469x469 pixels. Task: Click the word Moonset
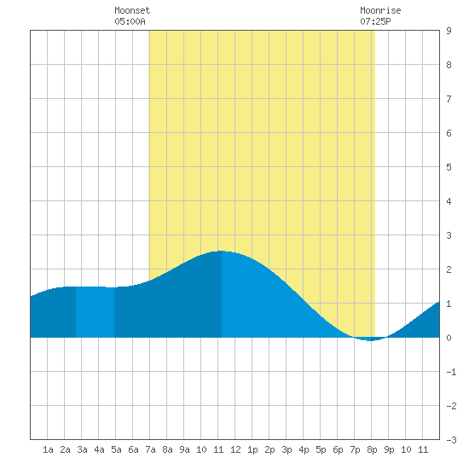pyautogui.click(x=132, y=10)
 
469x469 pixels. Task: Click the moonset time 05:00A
pyautogui.click(x=130, y=21)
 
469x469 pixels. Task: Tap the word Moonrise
pyautogui.click(x=380, y=10)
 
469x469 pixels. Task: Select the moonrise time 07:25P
pyautogui.click(x=375, y=21)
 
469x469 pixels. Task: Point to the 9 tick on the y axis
pyautogui.click(x=449, y=31)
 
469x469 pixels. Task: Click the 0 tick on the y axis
pyautogui.click(x=449, y=338)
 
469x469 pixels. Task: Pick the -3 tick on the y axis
pyautogui.click(x=451, y=440)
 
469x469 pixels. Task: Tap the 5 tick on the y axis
pyautogui.click(x=449, y=167)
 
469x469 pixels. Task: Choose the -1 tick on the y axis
pyautogui.click(x=451, y=372)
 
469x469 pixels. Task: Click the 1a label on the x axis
pyautogui.click(x=48, y=449)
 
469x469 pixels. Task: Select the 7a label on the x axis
pyautogui.click(x=150, y=449)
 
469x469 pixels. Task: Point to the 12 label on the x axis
pyautogui.click(x=235, y=449)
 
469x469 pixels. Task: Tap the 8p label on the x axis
pyautogui.click(x=372, y=449)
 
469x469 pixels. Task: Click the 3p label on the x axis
pyautogui.click(x=287, y=449)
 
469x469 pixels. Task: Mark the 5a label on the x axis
pyautogui.click(x=116, y=449)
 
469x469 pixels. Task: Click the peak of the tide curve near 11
pyautogui.click(x=221, y=251)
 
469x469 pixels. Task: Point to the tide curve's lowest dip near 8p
pyautogui.click(x=371, y=340)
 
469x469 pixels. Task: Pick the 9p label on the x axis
pyautogui.click(x=389, y=449)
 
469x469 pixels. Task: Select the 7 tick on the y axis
pyautogui.click(x=449, y=99)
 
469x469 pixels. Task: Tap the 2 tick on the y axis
pyautogui.click(x=449, y=269)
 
